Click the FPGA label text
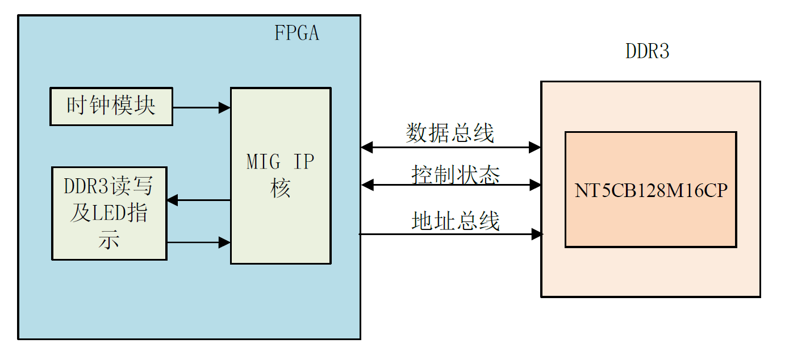(x=297, y=33)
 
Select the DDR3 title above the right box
(x=648, y=52)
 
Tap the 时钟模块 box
(x=111, y=106)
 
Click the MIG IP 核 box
(x=280, y=175)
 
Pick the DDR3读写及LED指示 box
(x=109, y=213)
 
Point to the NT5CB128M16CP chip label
(x=650, y=190)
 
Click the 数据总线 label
(x=450, y=133)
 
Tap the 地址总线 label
(x=456, y=221)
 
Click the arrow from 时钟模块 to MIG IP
(x=201, y=107)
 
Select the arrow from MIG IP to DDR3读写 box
(x=198, y=200)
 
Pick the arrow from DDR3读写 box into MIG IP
(x=198, y=242)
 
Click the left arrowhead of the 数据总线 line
(x=367, y=148)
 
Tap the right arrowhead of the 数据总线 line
(x=535, y=148)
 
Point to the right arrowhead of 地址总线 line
(x=537, y=233)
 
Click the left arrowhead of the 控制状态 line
(x=367, y=185)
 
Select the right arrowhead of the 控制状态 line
(x=535, y=185)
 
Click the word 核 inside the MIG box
(x=281, y=189)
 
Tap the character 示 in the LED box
(x=108, y=240)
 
